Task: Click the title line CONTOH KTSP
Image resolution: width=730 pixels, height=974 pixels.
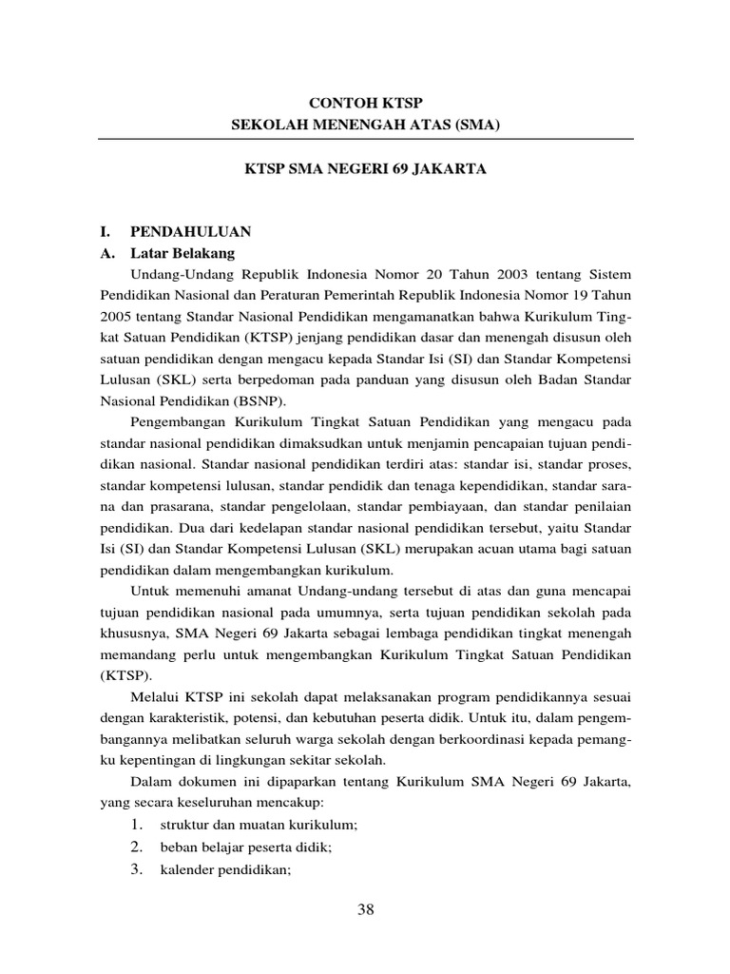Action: coord(366,101)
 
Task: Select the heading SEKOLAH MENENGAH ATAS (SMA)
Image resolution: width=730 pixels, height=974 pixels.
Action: coord(366,124)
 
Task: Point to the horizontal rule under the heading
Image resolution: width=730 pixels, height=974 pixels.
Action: coord(366,139)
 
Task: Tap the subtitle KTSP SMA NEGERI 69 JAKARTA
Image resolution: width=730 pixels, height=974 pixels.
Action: coord(366,168)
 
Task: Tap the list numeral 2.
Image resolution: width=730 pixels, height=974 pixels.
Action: coord(137,846)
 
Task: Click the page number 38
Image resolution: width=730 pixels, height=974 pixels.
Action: coord(366,910)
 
